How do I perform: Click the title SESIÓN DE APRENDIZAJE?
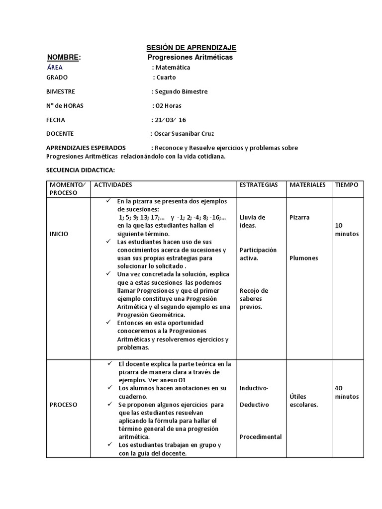click(191, 48)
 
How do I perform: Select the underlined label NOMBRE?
click(63, 58)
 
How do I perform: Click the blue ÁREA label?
click(55, 68)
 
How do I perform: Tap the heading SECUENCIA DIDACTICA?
click(81, 170)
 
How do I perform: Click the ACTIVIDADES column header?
click(113, 185)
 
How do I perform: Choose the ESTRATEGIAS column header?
click(259, 185)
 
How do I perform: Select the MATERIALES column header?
click(307, 185)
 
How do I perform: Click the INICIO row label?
click(59, 234)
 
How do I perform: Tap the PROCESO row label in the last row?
click(63, 405)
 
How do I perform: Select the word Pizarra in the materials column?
click(299, 218)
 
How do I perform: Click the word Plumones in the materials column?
click(303, 258)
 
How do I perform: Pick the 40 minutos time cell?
click(347, 392)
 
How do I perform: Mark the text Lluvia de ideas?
click(252, 221)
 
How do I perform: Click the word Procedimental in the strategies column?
click(261, 437)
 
